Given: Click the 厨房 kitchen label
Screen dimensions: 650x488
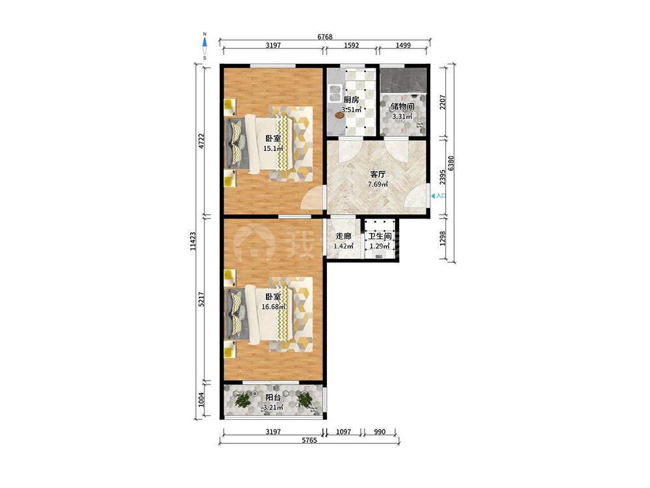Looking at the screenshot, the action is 351,100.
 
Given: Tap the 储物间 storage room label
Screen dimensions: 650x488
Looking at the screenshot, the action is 402,107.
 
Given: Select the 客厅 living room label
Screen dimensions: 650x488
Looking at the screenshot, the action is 378,174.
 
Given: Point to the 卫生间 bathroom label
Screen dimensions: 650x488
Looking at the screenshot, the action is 380,237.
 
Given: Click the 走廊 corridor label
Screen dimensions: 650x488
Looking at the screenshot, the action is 343,236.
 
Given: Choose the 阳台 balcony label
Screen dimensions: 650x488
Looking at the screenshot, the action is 273,398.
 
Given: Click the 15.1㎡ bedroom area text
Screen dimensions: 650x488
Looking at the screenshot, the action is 273,148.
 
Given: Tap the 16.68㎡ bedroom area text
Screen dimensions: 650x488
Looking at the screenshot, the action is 273,306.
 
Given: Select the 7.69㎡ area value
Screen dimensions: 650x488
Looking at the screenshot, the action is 378,184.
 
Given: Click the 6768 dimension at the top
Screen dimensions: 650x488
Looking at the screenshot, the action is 325,36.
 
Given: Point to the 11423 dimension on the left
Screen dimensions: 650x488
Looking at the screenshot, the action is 192,241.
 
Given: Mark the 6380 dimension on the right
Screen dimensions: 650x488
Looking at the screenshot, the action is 452,163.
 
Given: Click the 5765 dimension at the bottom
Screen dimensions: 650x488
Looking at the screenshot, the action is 309,441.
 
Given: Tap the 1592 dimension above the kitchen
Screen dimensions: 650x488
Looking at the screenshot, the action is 351,46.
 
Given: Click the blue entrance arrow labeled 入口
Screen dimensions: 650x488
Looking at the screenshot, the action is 434,195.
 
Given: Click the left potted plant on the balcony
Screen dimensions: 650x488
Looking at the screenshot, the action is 243,400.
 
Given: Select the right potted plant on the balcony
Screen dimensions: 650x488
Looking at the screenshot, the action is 305,400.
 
